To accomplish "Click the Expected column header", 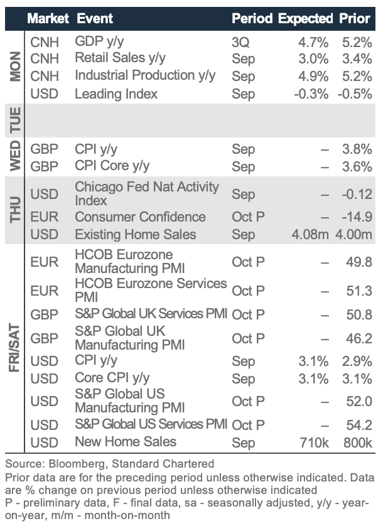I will (305, 18).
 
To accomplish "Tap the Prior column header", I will (355, 18).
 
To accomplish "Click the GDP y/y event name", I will (100, 42).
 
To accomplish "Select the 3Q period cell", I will (240, 43).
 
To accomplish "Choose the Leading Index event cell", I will (116, 94).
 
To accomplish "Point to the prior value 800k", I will (358, 442).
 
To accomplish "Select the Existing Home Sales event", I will (136, 235).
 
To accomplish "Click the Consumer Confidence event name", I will (140, 217).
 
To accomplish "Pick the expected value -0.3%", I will (313, 94).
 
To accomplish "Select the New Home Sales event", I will (126, 441).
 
